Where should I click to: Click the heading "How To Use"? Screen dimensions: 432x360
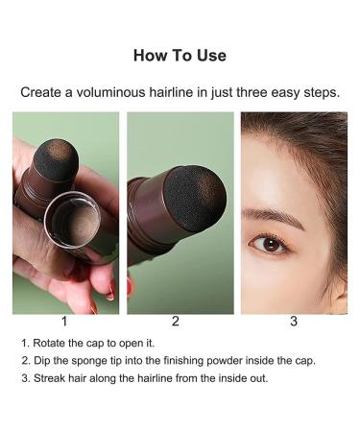[180, 55]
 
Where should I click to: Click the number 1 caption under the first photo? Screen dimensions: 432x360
[64, 322]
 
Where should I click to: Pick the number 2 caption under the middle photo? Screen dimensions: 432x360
[175, 322]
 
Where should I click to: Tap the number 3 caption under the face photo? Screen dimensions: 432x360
[293, 322]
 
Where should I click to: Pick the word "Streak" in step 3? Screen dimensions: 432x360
[49, 376]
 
